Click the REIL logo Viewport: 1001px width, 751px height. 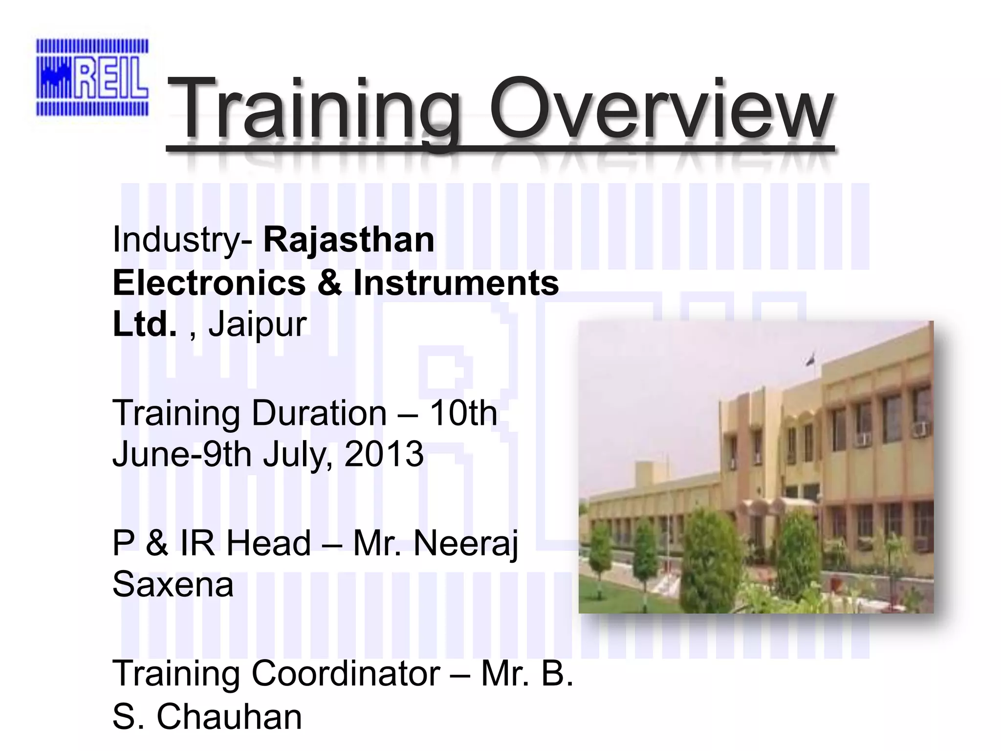pos(92,77)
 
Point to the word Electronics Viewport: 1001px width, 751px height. pos(209,283)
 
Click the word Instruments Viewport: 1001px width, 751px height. pos(456,283)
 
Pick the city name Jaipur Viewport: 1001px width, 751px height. pos(257,324)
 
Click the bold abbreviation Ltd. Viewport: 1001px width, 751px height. pos(144,324)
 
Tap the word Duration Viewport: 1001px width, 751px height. pos(319,413)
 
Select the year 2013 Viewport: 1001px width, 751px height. pos(384,454)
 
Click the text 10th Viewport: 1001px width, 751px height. pos(463,413)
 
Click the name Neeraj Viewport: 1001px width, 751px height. pos(465,544)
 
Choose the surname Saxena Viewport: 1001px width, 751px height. pos(173,585)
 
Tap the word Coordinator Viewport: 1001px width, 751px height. pos(346,674)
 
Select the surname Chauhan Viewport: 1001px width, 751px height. pos(229,717)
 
